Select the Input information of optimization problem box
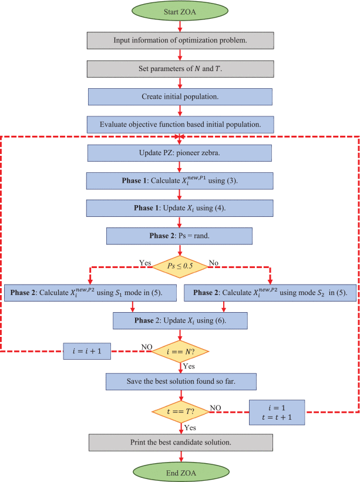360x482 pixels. coord(180,41)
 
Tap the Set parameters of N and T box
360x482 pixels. coord(180,68)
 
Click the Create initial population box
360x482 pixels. coord(180,96)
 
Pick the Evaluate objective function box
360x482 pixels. coord(180,124)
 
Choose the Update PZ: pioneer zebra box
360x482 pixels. coord(180,153)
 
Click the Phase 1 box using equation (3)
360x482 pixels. coord(180,180)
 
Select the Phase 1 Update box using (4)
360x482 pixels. coord(180,208)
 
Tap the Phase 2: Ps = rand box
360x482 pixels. coord(180,236)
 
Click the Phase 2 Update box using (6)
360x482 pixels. coord(180,320)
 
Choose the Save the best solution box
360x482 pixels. coord(180,381)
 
